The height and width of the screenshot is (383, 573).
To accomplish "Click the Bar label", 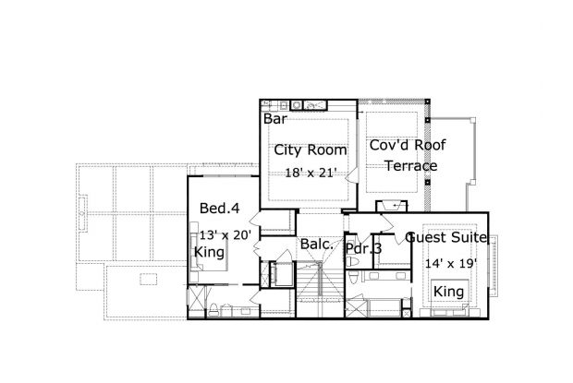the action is [275, 119].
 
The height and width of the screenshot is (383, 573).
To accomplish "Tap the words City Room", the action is [311, 150].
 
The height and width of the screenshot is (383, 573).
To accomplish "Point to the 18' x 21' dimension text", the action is [311, 173].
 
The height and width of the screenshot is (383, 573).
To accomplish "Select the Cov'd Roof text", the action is [408, 145].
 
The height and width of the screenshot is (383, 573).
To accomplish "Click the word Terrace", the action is [411, 166].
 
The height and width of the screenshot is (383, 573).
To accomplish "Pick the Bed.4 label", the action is [220, 209].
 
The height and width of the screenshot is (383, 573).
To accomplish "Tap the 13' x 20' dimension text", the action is [226, 235].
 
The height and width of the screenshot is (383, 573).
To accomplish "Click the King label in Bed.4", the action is [209, 253].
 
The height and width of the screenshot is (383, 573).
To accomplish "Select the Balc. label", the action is [316, 245].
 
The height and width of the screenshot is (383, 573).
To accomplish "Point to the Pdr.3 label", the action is [363, 249].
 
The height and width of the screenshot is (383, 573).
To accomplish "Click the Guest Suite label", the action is [446, 237].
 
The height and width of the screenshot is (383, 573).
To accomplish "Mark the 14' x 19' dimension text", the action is [451, 263].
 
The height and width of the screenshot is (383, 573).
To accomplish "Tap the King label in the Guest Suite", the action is [448, 292].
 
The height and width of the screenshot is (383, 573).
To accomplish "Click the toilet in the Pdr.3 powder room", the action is [353, 262].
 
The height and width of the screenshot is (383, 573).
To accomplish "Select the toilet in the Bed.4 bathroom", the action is [213, 310].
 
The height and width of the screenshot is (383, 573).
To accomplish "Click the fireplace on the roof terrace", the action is [391, 206].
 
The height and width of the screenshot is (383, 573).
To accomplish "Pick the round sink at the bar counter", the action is [297, 105].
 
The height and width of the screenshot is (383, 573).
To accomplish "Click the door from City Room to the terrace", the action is [352, 175].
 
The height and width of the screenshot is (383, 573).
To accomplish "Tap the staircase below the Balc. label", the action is [320, 289].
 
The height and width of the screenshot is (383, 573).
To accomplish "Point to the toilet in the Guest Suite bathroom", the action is [353, 278].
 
